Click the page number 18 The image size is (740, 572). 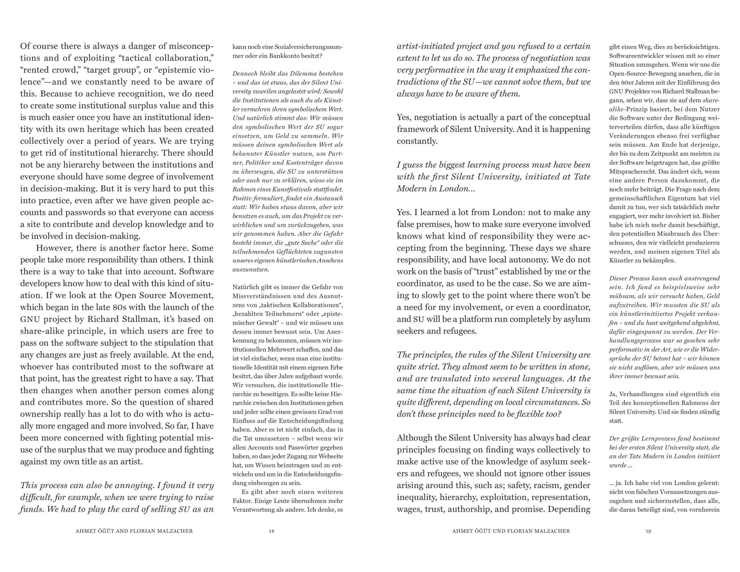(x=271, y=531)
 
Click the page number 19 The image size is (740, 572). (x=649, y=531)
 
